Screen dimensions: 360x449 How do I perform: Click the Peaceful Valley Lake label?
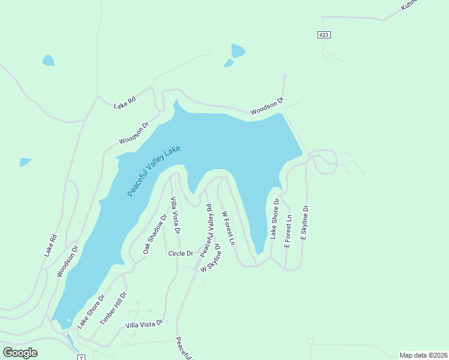(x=154, y=171)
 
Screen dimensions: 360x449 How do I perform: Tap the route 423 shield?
(x=324, y=35)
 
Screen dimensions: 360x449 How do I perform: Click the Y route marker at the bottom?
(x=80, y=357)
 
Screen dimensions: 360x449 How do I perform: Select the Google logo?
(x=20, y=353)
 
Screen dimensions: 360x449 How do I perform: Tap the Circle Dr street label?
(x=181, y=253)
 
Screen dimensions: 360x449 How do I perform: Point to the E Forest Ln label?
(x=288, y=231)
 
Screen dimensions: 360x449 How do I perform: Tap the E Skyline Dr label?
(x=304, y=223)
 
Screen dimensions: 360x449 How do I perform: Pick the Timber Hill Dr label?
(x=113, y=308)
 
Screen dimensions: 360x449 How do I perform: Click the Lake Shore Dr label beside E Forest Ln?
(x=274, y=219)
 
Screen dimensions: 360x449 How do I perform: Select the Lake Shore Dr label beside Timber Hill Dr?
(x=91, y=311)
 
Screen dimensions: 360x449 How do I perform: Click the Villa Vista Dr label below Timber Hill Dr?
(x=144, y=324)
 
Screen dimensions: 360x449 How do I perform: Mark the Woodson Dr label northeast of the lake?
(x=267, y=107)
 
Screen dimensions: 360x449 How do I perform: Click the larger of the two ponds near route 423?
(x=238, y=50)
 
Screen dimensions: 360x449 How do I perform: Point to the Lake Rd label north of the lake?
(x=125, y=103)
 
